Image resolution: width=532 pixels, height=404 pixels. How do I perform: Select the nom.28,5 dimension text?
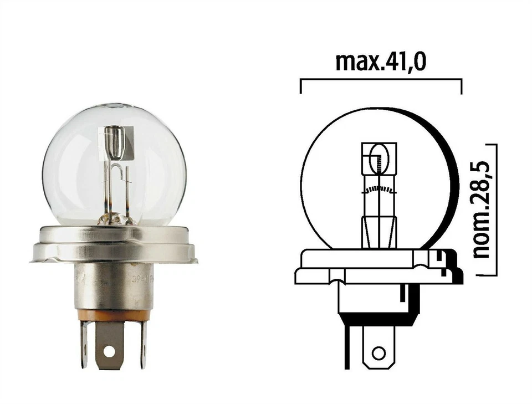(483, 210)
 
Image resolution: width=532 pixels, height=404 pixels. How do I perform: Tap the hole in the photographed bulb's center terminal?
(109, 351)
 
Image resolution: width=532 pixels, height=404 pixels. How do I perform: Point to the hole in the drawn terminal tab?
(378, 353)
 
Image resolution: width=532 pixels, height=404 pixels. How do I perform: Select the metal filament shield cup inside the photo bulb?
(113, 142)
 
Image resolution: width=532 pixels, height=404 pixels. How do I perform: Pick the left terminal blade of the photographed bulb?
(84, 344)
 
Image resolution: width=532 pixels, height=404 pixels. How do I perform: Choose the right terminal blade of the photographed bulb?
(143, 344)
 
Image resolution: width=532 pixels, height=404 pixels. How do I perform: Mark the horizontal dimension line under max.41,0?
(380, 80)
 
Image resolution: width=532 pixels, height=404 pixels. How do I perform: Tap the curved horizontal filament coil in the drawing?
(379, 190)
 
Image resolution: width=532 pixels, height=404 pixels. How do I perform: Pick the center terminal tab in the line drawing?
(378, 346)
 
